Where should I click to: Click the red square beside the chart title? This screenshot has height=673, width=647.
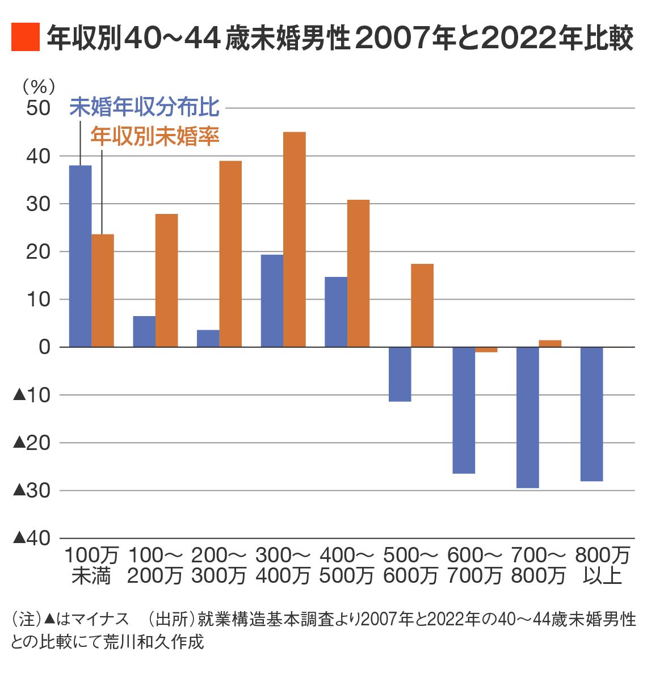click(x=25, y=37)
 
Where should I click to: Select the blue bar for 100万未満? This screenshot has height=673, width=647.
click(x=80, y=256)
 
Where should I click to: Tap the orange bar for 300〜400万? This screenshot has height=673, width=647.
click(x=295, y=239)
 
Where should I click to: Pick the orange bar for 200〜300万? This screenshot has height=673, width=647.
click(x=230, y=254)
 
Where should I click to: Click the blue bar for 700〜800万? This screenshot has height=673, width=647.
click(x=527, y=417)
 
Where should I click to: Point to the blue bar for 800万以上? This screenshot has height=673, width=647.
click(x=591, y=414)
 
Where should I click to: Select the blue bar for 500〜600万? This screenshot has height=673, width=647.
click(x=400, y=374)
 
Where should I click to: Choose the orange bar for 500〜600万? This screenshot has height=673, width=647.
click(x=422, y=305)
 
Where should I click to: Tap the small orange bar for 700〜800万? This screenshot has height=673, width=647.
click(x=550, y=343)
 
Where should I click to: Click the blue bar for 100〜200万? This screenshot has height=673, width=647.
click(x=144, y=331)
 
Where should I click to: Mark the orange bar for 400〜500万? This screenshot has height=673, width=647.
click(x=358, y=273)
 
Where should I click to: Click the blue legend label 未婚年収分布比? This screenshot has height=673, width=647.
click(x=145, y=107)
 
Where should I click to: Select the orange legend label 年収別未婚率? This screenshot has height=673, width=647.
click(x=155, y=136)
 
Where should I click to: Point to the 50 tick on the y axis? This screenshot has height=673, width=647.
click(x=39, y=108)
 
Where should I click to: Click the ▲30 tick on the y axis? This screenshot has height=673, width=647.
click(x=32, y=490)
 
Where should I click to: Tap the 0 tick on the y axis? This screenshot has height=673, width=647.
click(x=45, y=347)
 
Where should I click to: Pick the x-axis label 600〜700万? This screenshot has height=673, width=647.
click(x=474, y=565)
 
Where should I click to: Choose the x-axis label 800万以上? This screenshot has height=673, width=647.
click(x=602, y=565)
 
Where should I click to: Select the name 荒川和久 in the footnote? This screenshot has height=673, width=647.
click(x=143, y=642)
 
